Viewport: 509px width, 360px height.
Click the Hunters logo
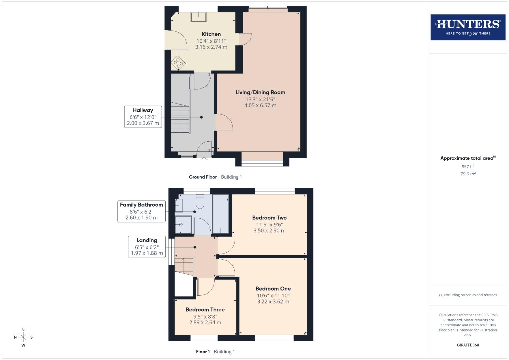pos(468,27)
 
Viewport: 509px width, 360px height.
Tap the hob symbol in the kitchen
pos(178,63)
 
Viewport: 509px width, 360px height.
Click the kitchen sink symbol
pos(199,16)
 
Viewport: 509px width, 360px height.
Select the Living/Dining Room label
pos(260,92)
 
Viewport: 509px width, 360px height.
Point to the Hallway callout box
pos(143,117)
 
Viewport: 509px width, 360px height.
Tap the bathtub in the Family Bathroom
pos(221,214)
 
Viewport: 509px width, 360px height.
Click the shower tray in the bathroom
pos(183,225)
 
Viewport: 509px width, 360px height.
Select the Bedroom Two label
pos(269,218)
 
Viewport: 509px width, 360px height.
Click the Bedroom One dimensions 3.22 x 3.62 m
pos(273,302)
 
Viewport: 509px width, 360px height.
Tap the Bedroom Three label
pos(205,310)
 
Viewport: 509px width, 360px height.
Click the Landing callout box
pos(147,247)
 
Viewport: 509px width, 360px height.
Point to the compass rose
pos(23,337)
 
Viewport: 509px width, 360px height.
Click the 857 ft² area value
pos(468,167)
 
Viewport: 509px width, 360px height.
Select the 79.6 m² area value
pos(468,174)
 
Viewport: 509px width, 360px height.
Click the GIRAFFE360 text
pos(468,345)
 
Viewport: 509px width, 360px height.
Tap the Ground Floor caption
pos(203,177)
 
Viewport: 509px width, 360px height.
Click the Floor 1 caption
pos(203,352)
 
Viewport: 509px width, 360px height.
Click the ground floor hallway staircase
pos(180,119)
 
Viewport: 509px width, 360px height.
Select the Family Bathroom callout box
pos(141,211)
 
